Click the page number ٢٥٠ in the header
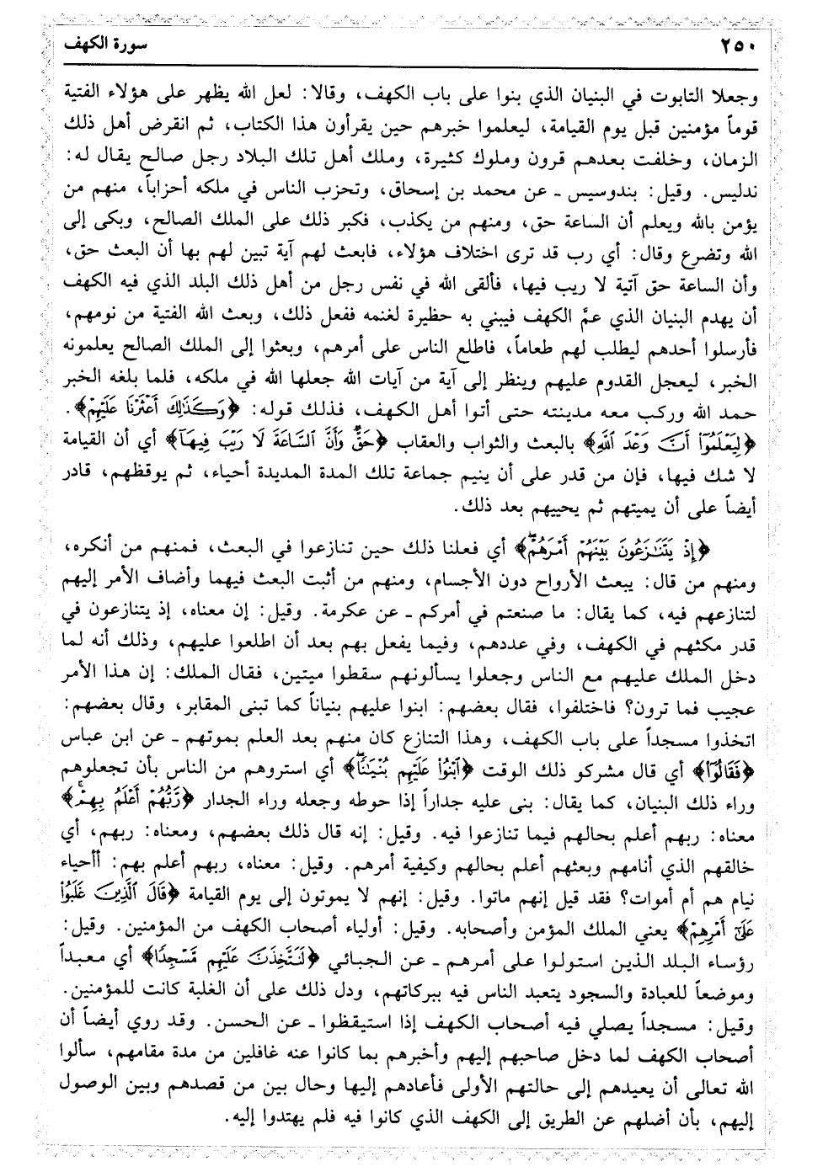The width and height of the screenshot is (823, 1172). (741, 46)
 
